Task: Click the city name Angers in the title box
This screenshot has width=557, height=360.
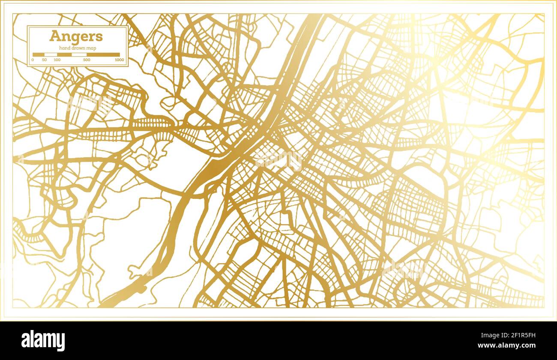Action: tap(76, 36)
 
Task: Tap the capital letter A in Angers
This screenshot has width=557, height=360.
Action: tap(54, 36)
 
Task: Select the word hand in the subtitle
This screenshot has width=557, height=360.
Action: tap(64, 48)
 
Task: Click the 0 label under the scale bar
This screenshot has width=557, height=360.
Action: tap(33, 60)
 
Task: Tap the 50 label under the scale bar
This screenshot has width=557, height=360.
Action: tap(45, 60)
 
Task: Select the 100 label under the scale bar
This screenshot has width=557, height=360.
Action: tap(57, 60)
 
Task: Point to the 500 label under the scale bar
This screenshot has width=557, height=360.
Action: tap(87, 60)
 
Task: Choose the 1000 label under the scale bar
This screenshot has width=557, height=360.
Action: tap(120, 60)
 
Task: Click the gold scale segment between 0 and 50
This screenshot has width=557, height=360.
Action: tap(39, 55)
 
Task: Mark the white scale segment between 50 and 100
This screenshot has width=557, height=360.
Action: tap(51, 55)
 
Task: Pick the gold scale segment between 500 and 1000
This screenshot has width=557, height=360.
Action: tap(103, 55)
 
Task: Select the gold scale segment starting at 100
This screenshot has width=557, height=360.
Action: tap(64, 55)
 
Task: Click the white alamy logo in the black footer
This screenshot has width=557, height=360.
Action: tap(43, 341)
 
